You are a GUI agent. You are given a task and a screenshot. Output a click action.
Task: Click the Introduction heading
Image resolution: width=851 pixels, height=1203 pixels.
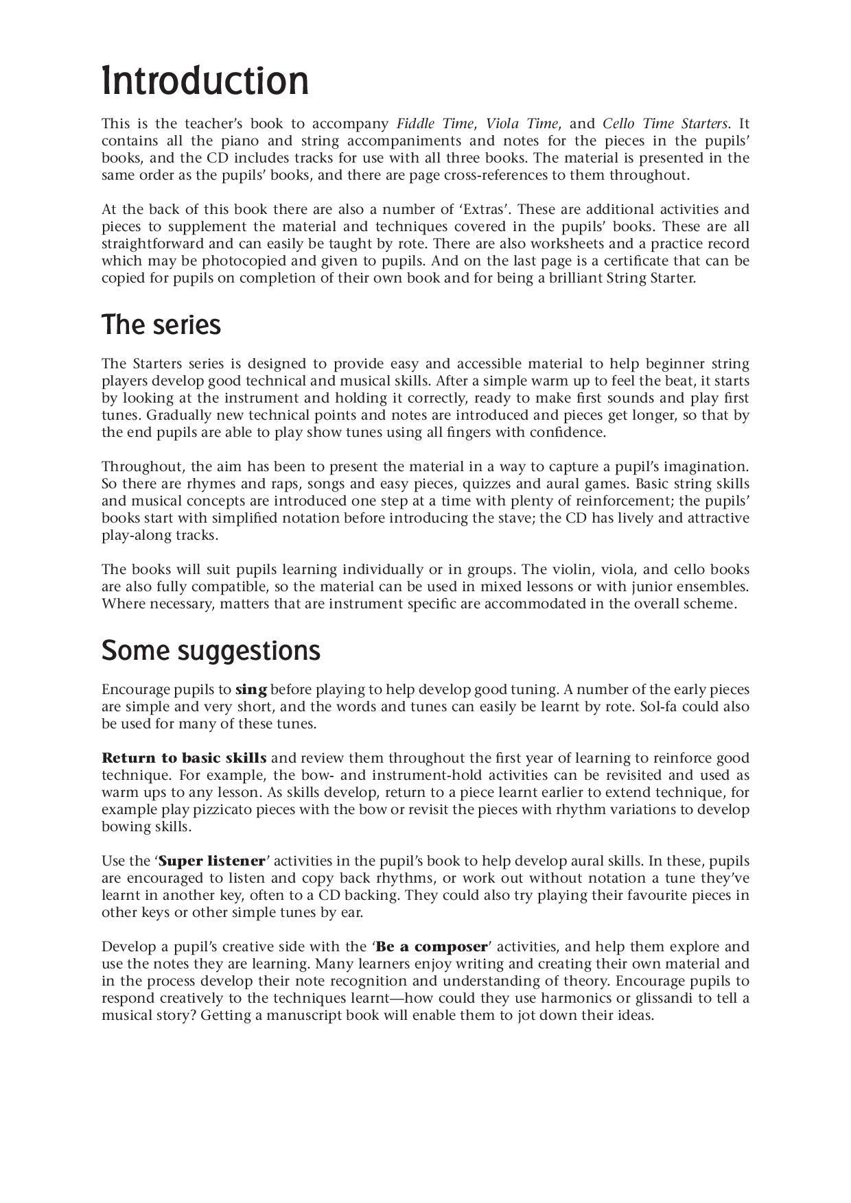click(x=205, y=81)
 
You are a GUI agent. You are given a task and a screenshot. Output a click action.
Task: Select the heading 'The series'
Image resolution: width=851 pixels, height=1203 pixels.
click(x=161, y=325)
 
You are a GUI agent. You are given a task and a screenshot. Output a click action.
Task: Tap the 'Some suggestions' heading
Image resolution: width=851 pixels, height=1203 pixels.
click(x=211, y=650)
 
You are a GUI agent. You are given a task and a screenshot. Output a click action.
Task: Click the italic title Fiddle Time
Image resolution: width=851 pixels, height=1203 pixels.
click(x=435, y=124)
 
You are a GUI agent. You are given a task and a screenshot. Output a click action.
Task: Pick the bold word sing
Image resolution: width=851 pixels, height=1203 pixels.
click(x=251, y=690)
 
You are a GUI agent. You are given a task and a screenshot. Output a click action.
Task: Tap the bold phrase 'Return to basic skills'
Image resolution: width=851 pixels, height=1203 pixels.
click(x=184, y=759)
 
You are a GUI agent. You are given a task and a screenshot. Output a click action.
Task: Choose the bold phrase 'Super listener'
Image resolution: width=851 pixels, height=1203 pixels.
click(x=211, y=861)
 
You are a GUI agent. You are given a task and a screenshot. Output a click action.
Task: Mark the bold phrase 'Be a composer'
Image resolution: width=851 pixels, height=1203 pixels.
click(x=432, y=947)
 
